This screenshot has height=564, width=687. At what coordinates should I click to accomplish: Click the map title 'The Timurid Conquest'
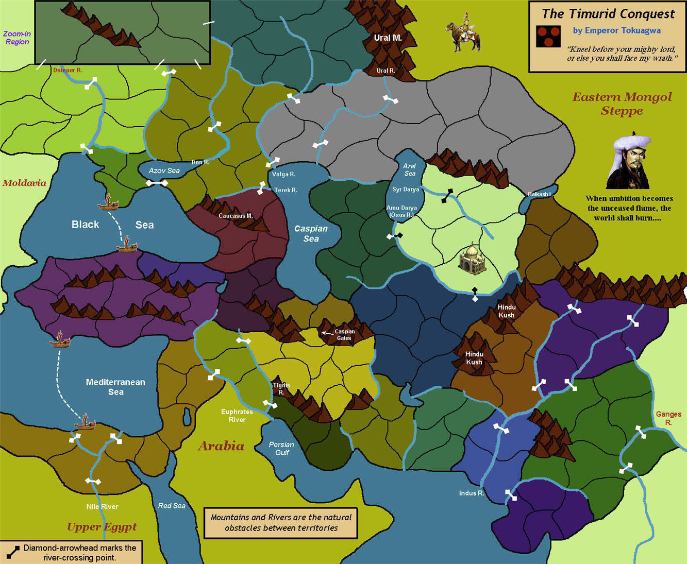tap(608, 14)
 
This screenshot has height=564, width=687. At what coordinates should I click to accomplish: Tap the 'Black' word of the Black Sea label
tap(85, 225)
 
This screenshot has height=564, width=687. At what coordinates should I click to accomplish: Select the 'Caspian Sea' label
tap(311, 233)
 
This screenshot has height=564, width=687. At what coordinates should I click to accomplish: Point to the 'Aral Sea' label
tap(409, 169)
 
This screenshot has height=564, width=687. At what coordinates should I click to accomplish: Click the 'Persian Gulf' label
tap(281, 448)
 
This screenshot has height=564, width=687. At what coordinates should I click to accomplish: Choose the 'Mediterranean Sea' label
tap(115, 387)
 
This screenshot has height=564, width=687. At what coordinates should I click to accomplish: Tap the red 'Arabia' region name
tap(221, 446)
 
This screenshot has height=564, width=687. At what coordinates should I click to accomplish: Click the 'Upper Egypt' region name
tap(102, 526)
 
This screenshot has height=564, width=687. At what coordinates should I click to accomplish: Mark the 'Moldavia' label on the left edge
tap(24, 183)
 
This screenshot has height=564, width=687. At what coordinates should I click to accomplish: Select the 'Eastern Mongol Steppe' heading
tap(622, 104)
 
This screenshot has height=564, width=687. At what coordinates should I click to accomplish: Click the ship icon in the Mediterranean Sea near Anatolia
tap(59, 339)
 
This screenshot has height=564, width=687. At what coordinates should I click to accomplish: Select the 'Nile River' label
tap(102, 506)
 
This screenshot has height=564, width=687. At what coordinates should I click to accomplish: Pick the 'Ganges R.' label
tap(668, 418)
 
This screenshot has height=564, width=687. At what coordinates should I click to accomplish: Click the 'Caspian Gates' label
tap(344, 335)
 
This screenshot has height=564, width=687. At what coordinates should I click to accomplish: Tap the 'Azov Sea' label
tap(164, 170)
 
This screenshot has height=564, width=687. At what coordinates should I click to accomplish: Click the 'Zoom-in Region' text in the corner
tap(17, 38)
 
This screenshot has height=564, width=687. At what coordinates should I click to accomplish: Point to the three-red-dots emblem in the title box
tap(548, 37)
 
